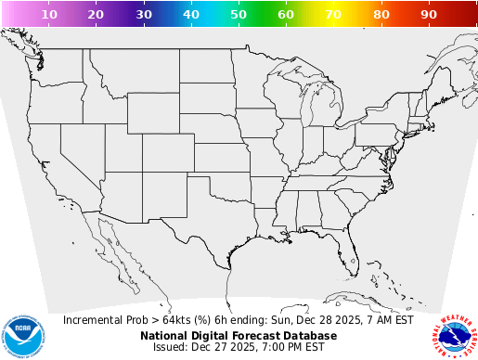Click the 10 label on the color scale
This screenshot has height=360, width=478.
coord(49,15)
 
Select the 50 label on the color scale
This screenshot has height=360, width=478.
coord(239,15)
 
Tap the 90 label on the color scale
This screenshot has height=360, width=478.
coord(429,15)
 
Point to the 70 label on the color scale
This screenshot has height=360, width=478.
coord(333,15)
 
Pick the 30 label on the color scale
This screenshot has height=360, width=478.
coord(144,15)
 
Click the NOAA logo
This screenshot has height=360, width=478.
coord(22,333)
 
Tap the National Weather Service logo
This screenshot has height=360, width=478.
coord(454,333)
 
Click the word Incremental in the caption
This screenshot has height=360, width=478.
coord(96,320)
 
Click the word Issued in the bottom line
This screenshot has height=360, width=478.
coord(171,347)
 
